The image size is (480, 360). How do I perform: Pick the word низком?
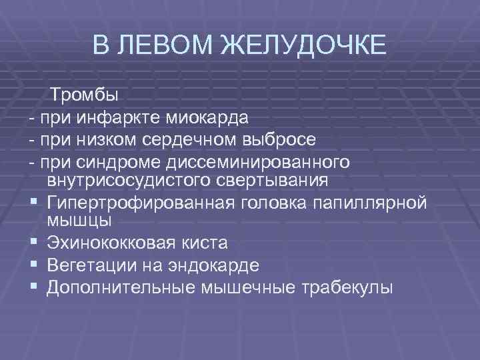point(99,141)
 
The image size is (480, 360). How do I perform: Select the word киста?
point(203,243)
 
